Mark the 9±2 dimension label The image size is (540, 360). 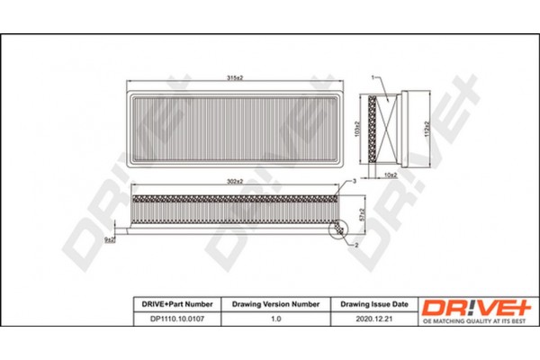click(108, 240)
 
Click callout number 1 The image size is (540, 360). click(369, 79)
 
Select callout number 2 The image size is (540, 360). click(356, 246)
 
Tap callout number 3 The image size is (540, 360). click(355, 183)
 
